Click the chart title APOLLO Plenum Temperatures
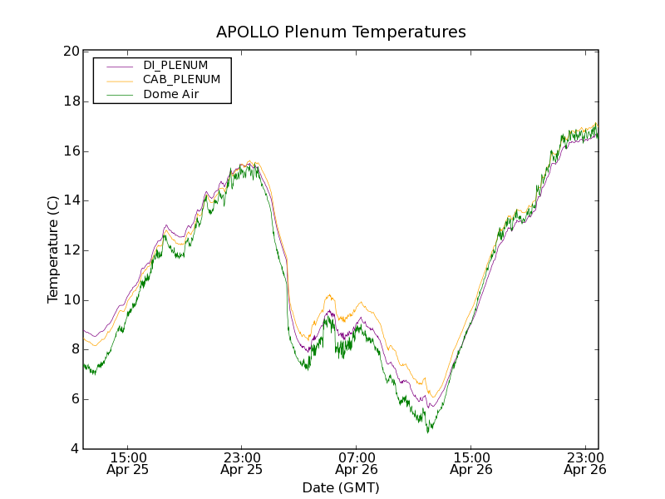point(341,32)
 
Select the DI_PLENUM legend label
point(175,65)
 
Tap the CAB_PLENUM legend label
point(181,80)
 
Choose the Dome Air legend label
point(171,95)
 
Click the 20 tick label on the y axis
point(70,52)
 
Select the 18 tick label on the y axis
point(70,101)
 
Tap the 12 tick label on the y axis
point(70,250)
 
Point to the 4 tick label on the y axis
point(74,449)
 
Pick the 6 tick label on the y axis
point(74,399)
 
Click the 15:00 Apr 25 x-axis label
point(128,463)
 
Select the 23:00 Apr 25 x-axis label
point(242,463)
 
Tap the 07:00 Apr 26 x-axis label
point(357,463)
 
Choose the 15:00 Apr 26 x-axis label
point(470,463)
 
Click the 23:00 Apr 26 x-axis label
point(584,463)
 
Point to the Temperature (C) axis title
point(53,249)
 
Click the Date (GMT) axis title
point(341,487)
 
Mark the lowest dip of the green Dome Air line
point(428,432)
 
